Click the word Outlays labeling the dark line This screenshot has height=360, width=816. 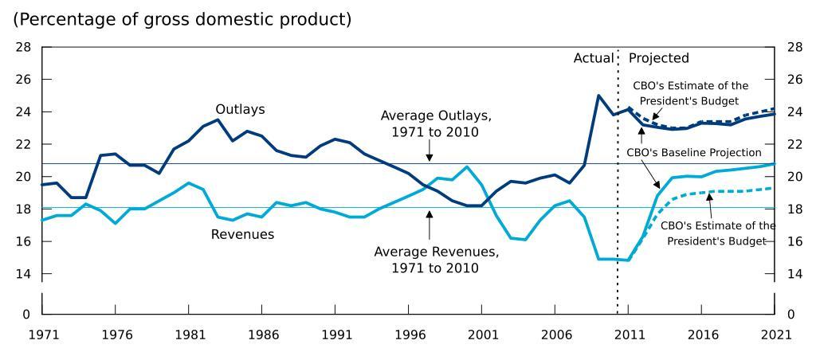(x=240, y=109)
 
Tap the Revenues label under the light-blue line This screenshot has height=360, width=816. (x=242, y=234)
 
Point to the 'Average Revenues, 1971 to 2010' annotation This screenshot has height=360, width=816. (x=436, y=260)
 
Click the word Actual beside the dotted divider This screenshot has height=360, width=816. (x=593, y=58)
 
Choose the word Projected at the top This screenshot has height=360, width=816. (x=658, y=58)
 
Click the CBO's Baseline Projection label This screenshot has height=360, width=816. (x=694, y=152)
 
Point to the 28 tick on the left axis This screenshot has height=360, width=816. (x=23, y=47)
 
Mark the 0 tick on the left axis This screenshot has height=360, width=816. (x=27, y=314)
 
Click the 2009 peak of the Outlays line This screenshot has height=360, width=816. (x=598, y=96)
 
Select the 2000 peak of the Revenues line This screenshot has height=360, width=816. (x=467, y=166)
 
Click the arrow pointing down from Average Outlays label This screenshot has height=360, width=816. (x=430, y=152)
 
